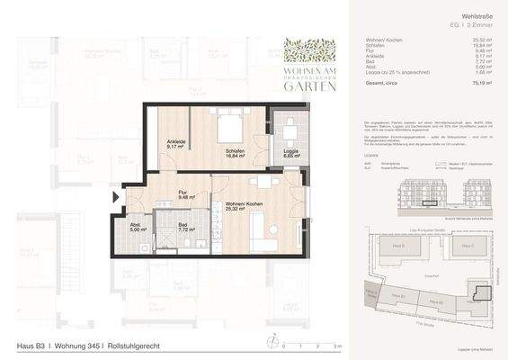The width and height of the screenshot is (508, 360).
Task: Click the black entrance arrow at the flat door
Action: tap(113, 197)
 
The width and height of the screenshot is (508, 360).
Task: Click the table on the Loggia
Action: tap(289, 125)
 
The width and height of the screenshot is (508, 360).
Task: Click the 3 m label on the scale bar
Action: tap(335, 345)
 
